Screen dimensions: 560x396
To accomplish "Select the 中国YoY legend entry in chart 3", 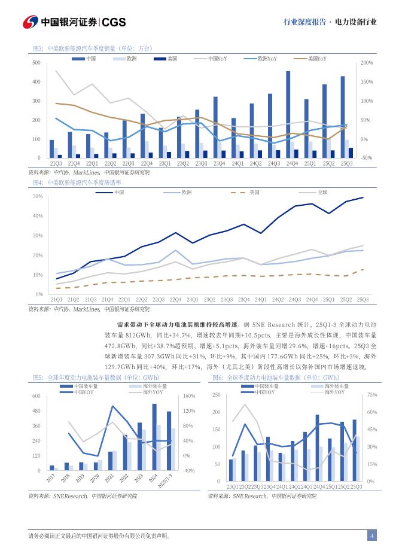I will (x=217, y=59).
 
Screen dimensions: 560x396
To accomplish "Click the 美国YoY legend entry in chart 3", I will (x=317, y=59).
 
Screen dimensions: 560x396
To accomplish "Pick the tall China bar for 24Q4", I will (x=288, y=114).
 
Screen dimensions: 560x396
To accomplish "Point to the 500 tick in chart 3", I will (x=36, y=63).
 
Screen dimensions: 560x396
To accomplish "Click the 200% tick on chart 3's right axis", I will (x=367, y=63).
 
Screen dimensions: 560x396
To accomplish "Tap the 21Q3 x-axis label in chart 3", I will (x=56, y=163).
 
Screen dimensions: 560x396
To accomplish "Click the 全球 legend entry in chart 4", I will (x=322, y=192).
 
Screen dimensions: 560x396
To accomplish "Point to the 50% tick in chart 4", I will (x=37, y=196).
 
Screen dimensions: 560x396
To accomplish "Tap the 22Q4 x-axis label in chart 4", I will (x=176, y=299).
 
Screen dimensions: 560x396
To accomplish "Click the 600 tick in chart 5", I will (x=35, y=396).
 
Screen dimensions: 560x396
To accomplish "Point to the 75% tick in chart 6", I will (x=371, y=395).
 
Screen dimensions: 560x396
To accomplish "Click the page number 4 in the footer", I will (x=372, y=536).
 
